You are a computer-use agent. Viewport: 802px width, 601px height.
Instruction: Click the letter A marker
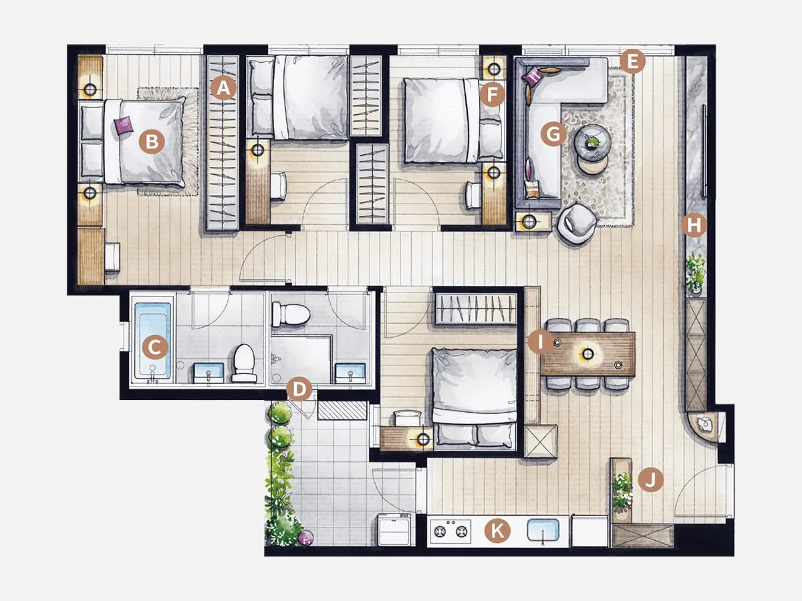coord(224,88)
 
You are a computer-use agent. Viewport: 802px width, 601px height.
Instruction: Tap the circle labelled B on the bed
coord(152,141)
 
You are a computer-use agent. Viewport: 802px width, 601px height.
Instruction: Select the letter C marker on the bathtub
coord(155,347)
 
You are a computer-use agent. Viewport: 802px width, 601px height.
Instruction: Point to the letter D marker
coord(299,389)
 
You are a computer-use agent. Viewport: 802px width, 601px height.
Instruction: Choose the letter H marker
coord(694,225)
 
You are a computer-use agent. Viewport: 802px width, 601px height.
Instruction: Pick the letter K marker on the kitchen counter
coord(497,531)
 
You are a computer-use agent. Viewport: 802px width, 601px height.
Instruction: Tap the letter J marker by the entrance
coord(651,479)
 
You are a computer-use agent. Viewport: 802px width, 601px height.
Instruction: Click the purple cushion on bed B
coord(124,125)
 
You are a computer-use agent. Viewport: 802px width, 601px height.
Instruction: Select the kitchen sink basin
coord(543,530)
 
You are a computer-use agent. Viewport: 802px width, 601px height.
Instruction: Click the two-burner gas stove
coord(450,531)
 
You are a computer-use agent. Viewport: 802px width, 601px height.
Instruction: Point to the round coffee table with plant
coord(591,141)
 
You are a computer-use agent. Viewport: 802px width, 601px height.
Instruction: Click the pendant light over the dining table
coord(587,354)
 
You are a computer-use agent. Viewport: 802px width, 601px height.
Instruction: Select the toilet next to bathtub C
coord(245,363)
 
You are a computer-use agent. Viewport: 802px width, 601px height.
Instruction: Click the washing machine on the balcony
coord(395,529)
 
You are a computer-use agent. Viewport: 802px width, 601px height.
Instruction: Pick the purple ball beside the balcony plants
coord(306,538)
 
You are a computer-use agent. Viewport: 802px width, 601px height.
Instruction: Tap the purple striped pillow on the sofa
coord(533,76)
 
